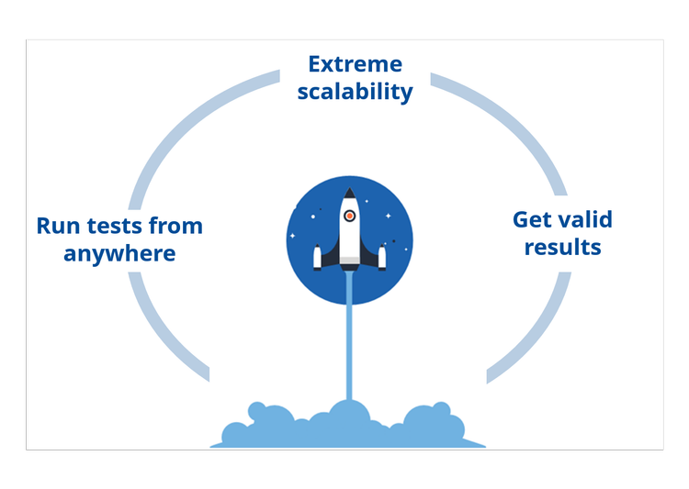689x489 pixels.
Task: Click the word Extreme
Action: point(355,64)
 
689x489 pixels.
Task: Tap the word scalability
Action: point(355,93)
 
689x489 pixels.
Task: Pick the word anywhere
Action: point(119,252)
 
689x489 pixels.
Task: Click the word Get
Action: point(531,220)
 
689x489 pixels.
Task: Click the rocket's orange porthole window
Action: point(349,217)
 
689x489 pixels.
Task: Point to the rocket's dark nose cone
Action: point(349,194)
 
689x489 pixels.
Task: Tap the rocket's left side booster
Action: point(318,257)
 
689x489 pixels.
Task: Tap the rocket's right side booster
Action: point(381,257)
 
